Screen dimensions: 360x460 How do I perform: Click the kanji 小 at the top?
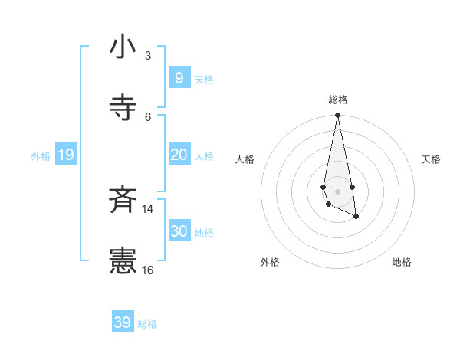point(123,47)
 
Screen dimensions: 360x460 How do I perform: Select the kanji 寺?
point(123,109)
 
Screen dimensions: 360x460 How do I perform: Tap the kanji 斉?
point(123,201)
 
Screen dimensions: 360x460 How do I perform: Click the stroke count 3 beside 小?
point(148,56)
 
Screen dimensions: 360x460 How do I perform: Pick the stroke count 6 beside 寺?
point(148,116)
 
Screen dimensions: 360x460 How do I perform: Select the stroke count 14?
point(147,208)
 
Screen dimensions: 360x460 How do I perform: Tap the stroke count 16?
point(147,270)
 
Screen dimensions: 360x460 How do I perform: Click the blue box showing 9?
point(179,78)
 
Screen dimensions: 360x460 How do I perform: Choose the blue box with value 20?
point(179,155)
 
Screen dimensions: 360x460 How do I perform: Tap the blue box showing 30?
point(179,231)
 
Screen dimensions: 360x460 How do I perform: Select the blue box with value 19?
point(65,155)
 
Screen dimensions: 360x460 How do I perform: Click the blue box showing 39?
point(123,322)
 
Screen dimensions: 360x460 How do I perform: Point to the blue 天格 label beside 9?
point(204,80)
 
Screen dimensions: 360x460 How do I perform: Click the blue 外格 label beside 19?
point(41,156)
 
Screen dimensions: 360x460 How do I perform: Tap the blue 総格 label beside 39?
point(147,324)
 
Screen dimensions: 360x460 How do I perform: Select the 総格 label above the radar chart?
point(338,100)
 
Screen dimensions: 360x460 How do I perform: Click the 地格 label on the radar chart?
point(402,262)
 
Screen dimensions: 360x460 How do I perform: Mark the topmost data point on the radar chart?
point(337,115)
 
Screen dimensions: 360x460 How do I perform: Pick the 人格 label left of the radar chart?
point(245,159)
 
